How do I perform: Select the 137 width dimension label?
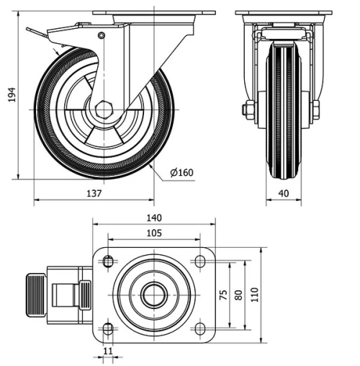tap(94, 193)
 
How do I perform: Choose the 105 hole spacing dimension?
tap(153, 233)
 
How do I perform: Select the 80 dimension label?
tap(238, 295)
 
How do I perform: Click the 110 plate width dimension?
tap(254, 295)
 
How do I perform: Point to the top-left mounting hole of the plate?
tap(108, 262)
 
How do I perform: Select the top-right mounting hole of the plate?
tap(199, 262)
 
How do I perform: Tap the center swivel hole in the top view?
tap(153, 295)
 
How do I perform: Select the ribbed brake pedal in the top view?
tap(35, 295)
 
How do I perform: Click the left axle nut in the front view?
tap(248, 110)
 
